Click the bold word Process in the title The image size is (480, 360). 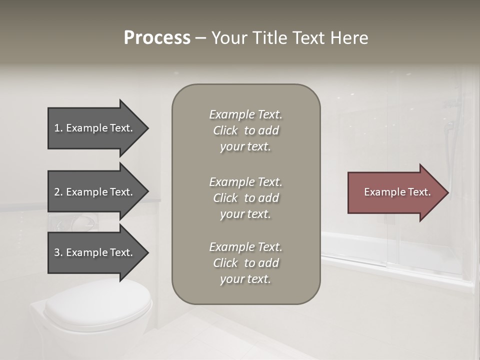(157, 38)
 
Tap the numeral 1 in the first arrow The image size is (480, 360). (57, 128)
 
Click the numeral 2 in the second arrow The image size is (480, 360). (57, 192)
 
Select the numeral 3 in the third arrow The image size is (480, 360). (57, 252)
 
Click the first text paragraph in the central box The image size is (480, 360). (245, 130)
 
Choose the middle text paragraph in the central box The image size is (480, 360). (245, 197)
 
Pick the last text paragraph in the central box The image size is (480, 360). (245, 263)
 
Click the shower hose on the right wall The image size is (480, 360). (455, 150)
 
